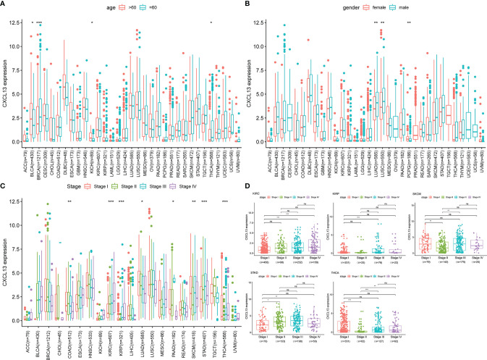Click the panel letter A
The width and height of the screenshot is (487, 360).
(x=5, y=4)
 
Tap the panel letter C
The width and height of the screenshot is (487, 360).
(x=5, y=182)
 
